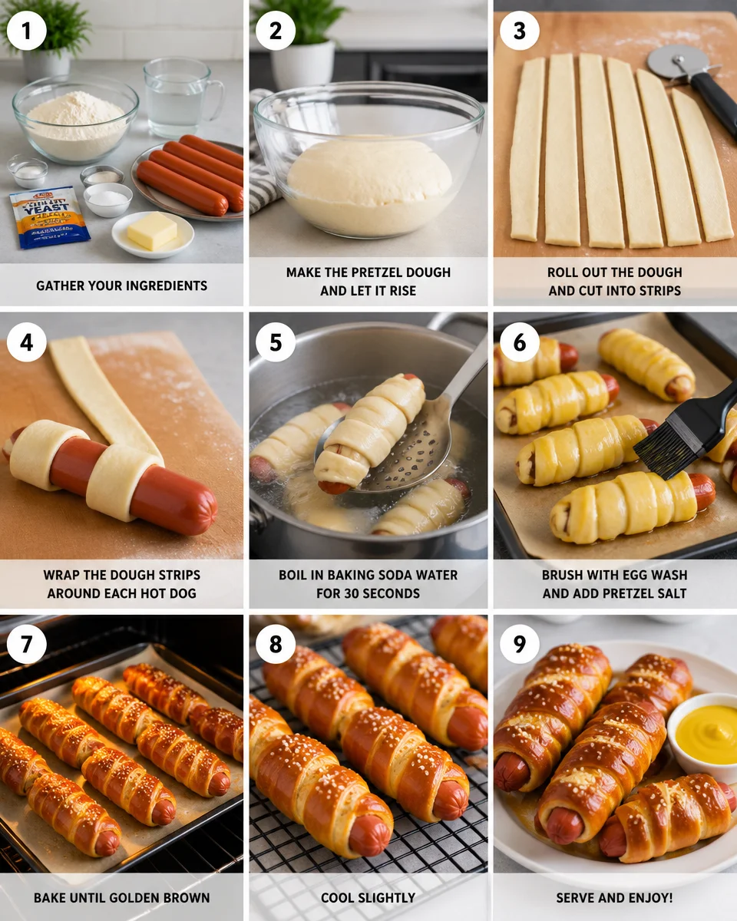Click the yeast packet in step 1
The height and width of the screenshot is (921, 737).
48,217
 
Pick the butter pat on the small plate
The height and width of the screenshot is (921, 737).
152,230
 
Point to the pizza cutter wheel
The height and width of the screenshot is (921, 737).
669,62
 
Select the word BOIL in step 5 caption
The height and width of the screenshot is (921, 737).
297,575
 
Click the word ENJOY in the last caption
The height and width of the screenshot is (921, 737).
642,897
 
